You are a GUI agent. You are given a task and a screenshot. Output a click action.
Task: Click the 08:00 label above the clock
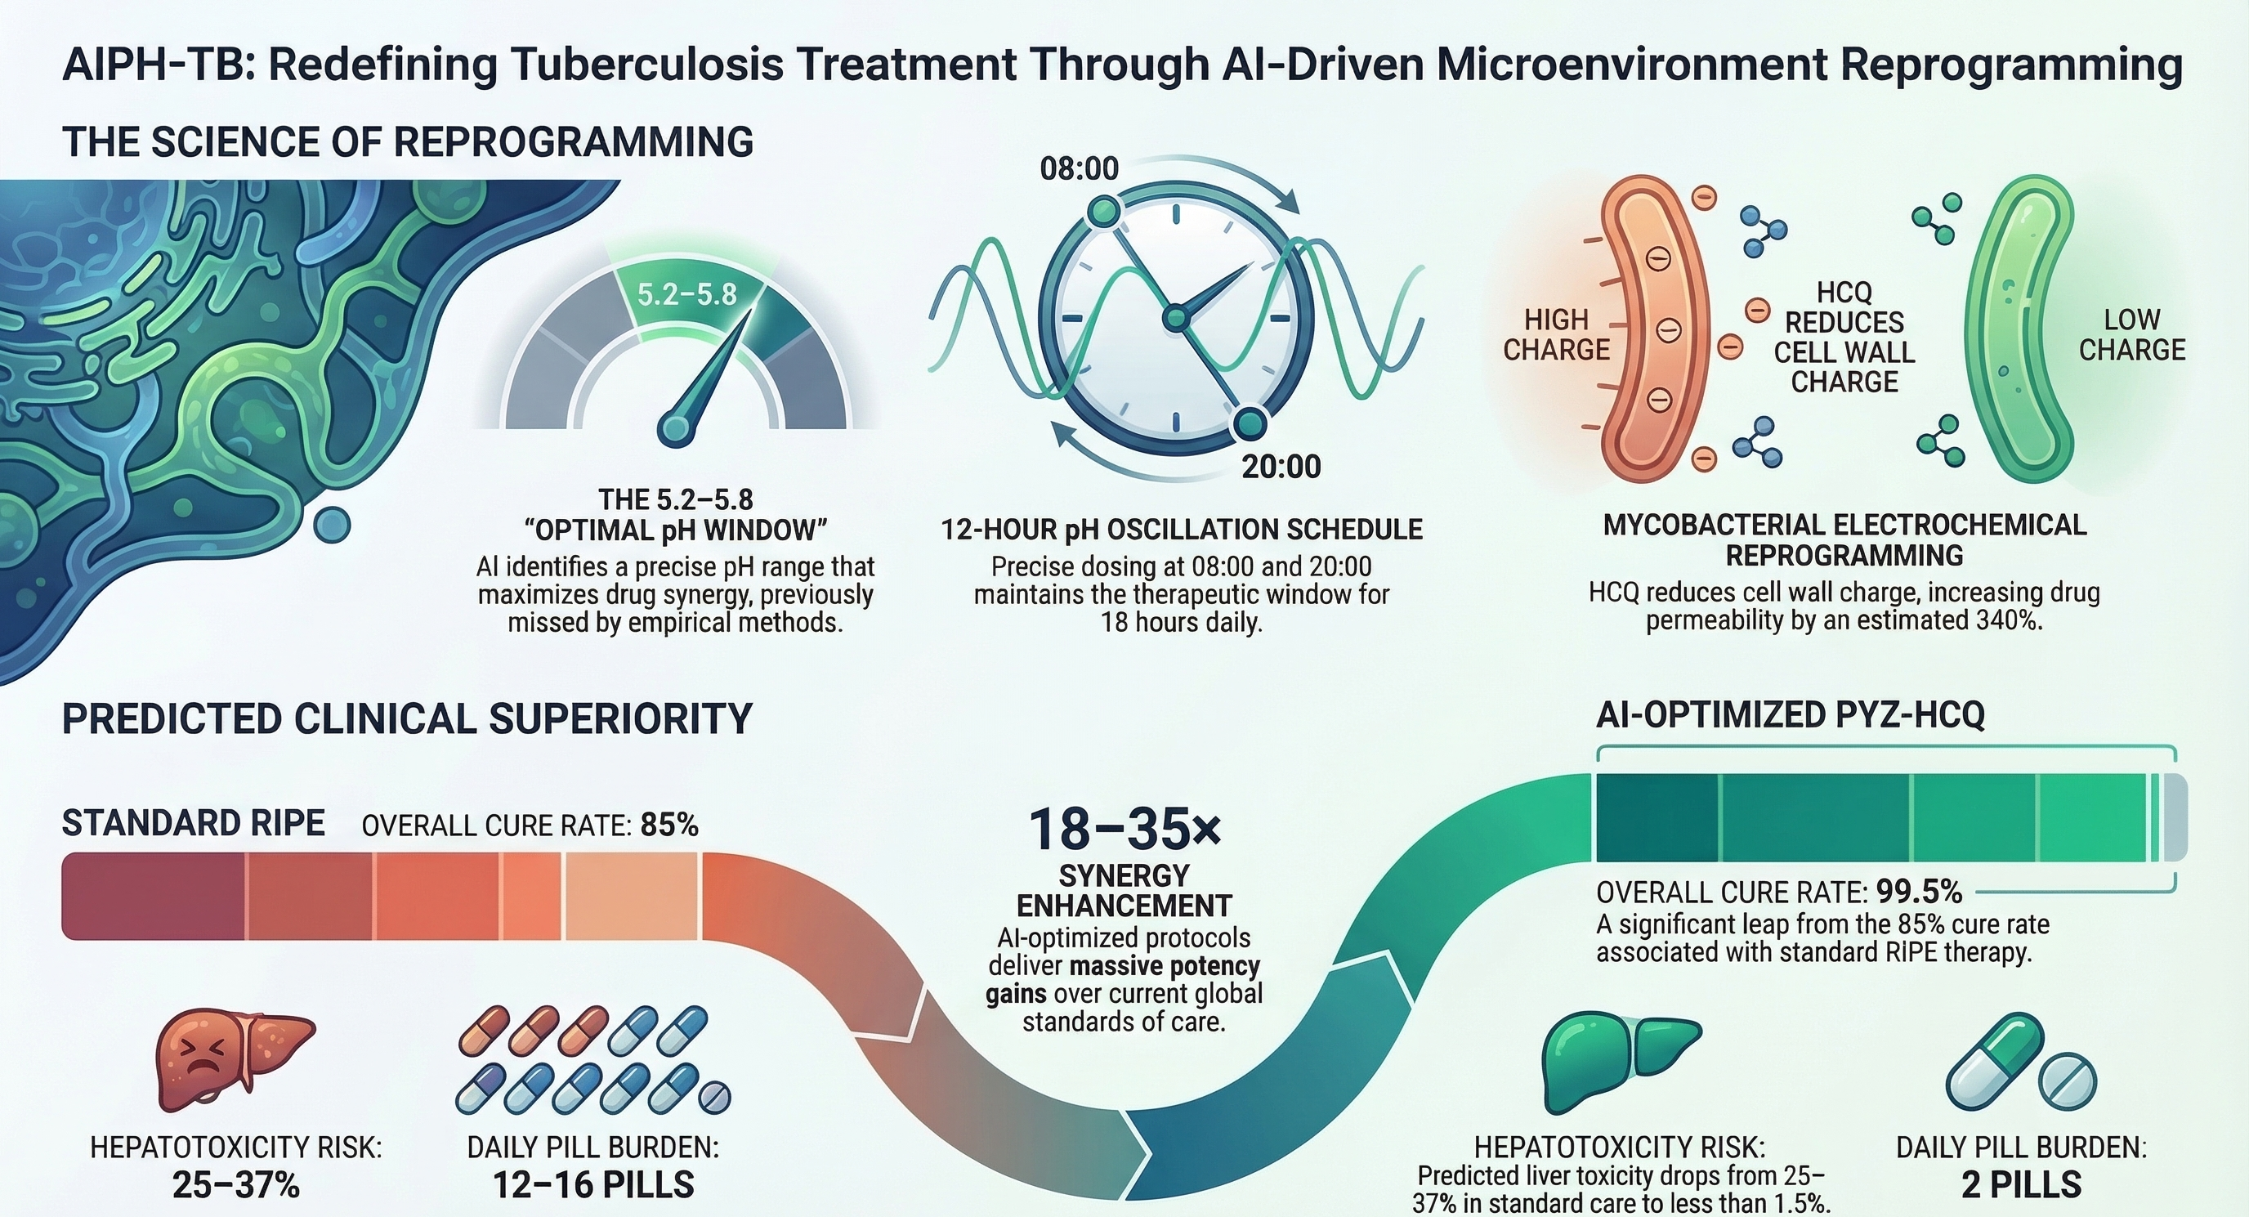[x=1079, y=168]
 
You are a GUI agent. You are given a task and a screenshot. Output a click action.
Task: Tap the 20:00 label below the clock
[x=1281, y=467]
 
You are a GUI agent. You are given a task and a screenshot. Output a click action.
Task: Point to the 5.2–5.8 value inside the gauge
[x=687, y=294]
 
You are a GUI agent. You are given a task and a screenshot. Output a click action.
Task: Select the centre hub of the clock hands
[x=1176, y=316]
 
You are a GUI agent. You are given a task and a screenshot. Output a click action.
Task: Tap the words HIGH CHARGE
[x=1556, y=334]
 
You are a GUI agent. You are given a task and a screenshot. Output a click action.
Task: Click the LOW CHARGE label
[x=2131, y=334]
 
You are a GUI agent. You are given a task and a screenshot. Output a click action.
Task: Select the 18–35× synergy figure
[x=1124, y=829]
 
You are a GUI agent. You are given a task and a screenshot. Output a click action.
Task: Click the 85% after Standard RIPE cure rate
[x=668, y=825]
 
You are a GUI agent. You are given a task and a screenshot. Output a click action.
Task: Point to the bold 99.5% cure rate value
[x=1918, y=892]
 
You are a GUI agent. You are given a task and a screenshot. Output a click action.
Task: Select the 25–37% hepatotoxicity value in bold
[x=235, y=1184]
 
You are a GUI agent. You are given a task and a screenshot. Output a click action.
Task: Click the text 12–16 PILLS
[x=593, y=1184]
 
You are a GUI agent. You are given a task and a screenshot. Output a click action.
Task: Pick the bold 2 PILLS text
[x=2021, y=1184]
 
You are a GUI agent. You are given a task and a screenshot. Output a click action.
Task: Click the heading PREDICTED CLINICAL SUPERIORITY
[x=407, y=719]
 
